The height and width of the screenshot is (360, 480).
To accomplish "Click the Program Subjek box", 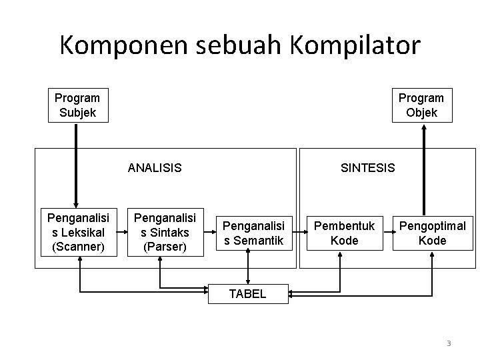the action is click(x=77, y=105).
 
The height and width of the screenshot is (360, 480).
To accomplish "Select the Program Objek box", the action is click(x=421, y=105).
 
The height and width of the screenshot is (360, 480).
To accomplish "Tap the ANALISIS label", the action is click(x=155, y=167).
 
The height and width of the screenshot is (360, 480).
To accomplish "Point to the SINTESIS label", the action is click(x=367, y=167).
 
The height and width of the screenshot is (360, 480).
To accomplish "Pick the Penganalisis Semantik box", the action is click(x=253, y=232).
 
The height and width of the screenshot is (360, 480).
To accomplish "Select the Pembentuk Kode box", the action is click(x=345, y=232).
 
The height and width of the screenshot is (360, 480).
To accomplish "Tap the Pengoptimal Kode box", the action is click(x=432, y=232).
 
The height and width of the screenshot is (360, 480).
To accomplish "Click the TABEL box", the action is click(x=248, y=293).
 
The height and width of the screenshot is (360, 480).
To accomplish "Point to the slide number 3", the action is click(x=449, y=343).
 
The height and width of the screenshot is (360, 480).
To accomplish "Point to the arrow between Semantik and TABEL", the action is click(x=248, y=268).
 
